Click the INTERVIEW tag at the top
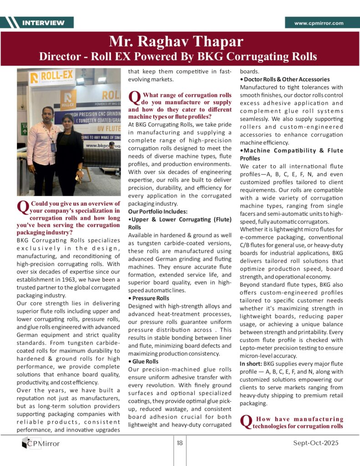point(43,23)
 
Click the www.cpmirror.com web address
point(319,23)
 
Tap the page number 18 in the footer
point(180,443)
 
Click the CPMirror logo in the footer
point(41,443)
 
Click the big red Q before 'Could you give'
point(22,208)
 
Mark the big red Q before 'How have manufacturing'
point(246,422)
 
